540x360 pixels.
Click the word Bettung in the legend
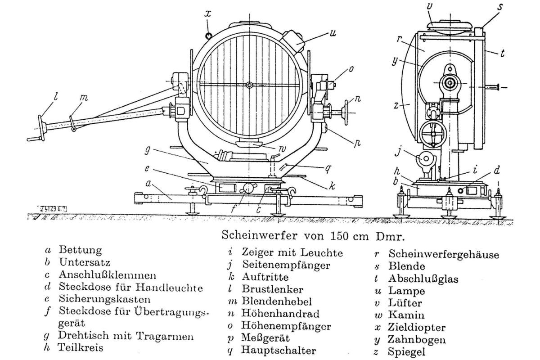[x=80, y=251]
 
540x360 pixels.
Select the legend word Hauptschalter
[x=279, y=351]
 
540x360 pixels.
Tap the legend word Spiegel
[x=406, y=352]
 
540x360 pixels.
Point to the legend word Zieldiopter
[x=417, y=328]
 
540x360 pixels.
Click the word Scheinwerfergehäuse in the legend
[x=444, y=254]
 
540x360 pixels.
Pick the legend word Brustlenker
[x=272, y=289]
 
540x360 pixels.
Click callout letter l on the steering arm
[x=56, y=96]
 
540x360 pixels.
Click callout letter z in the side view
[x=396, y=105]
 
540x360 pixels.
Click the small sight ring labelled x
[x=208, y=36]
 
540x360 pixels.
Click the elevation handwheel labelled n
[x=346, y=112]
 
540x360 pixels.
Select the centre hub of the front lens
[x=249, y=85]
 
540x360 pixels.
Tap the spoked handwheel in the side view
[x=433, y=133]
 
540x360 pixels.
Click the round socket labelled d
[x=461, y=190]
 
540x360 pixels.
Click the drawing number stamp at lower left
[x=52, y=209]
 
